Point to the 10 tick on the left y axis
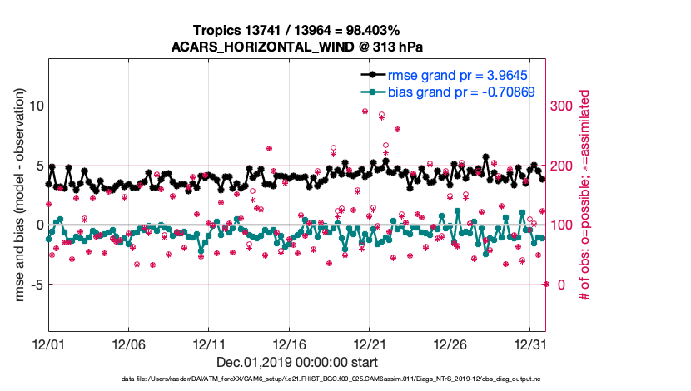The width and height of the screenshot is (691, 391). pyautogui.click(x=35, y=106)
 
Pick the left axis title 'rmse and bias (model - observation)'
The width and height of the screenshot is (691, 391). pyautogui.click(x=17, y=196)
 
